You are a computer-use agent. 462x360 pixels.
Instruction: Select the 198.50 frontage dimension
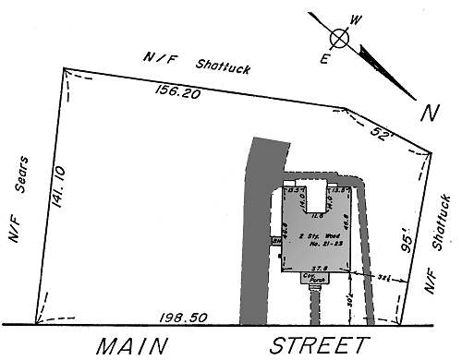coord(179,316)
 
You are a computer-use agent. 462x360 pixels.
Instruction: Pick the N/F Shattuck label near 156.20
coord(185,62)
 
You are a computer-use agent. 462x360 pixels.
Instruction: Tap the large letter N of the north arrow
coord(428,114)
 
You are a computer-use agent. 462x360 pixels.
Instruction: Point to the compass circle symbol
coord(340,39)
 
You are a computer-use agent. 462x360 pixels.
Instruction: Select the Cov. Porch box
coord(316,277)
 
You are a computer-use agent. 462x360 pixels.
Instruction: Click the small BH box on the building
coord(275,243)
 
